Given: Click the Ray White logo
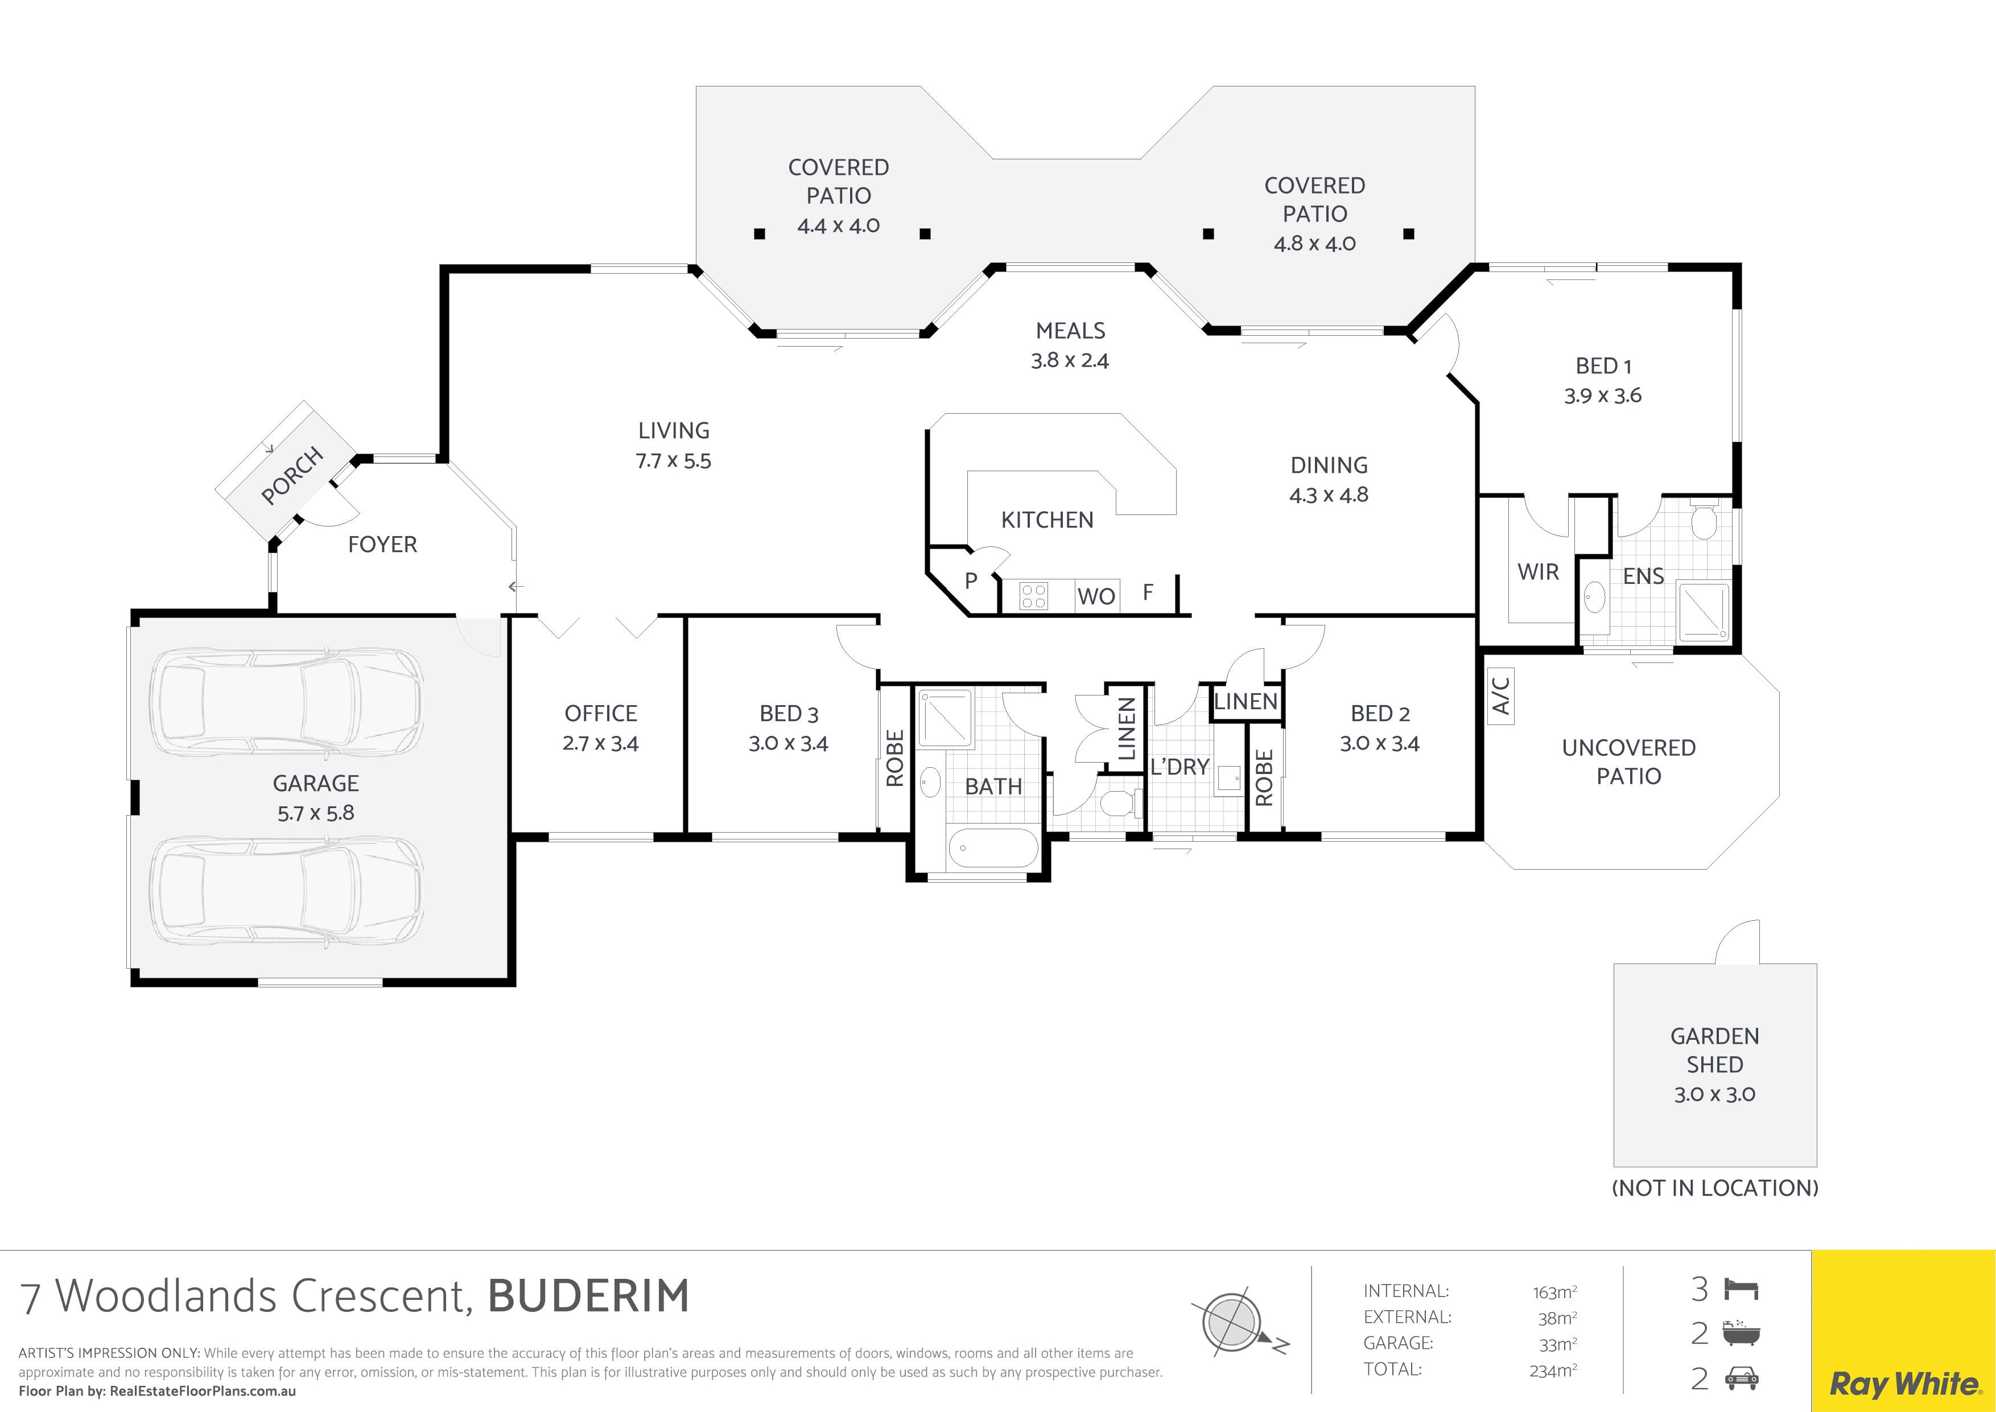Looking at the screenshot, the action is click(1904, 1384).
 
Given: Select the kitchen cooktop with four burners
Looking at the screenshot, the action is click(1034, 596).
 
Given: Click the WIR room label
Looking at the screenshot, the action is click(1538, 572).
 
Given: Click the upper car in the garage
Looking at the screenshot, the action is click(287, 703).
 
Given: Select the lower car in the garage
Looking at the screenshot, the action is click(287, 891).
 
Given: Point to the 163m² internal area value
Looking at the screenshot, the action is click(1555, 1292).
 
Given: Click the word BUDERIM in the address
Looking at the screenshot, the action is click(588, 1295).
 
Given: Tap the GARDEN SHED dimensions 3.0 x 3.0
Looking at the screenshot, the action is click(1714, 1094).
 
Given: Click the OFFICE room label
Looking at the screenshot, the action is click(601, 714).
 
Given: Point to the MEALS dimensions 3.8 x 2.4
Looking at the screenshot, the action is click(1070, 360).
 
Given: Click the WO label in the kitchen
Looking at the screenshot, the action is click(1096, 596).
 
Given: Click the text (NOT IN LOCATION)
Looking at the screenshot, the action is click(1715, 1188).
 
